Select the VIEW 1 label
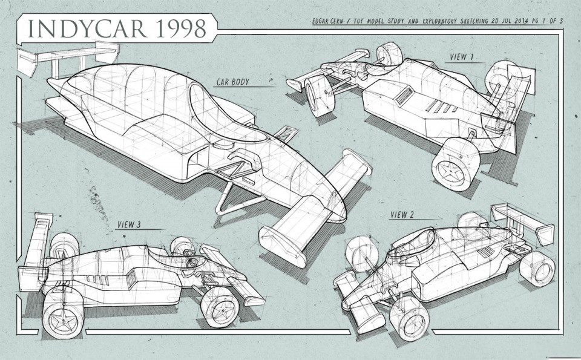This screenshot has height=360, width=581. point(462,57)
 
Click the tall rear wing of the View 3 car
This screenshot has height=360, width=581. point(33,248)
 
